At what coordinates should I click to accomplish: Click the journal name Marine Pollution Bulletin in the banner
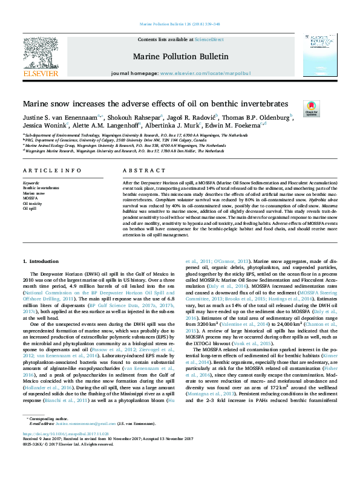point(180,57)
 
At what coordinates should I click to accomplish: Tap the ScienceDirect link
point(209,39)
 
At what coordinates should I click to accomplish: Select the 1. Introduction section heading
point(41,261)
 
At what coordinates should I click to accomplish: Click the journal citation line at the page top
point(180,25)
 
